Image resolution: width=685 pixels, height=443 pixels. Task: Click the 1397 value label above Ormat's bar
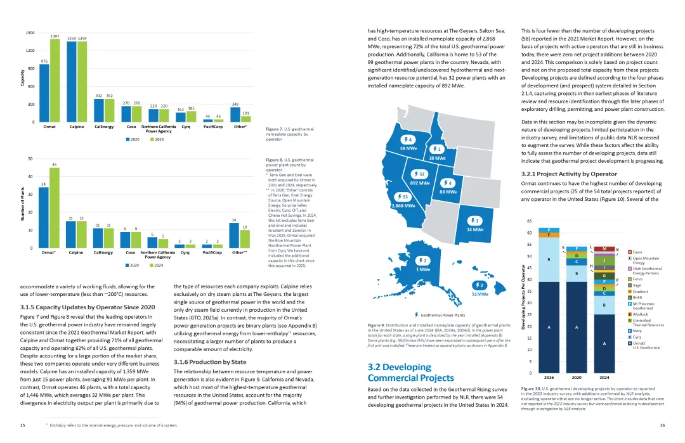(x=55, y=36)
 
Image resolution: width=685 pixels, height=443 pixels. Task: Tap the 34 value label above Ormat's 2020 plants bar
(x=43, y=184)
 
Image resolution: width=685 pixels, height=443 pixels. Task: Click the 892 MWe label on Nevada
(x=419, y=183)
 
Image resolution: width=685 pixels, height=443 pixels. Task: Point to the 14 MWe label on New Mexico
(x=475, y=229)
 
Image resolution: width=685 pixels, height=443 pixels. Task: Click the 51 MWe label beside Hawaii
(x=480, y=294)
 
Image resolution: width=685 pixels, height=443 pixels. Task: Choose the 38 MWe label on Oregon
(x=408, y=148)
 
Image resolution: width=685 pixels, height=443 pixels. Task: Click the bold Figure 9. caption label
(x=377, y=325)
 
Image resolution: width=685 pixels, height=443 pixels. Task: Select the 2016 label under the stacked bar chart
(x=549, y=377)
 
